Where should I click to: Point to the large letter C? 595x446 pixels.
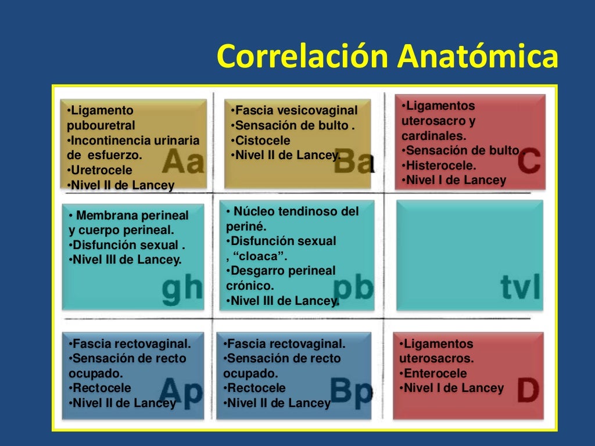[529, 162]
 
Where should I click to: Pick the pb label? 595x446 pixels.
[353, 287]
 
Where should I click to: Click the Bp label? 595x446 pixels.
[352, 391]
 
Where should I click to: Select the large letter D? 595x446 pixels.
[528, 391]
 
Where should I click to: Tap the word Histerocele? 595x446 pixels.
[440, 166]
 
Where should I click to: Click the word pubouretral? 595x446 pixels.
[101, 125]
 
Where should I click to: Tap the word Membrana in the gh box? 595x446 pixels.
[103, 215]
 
